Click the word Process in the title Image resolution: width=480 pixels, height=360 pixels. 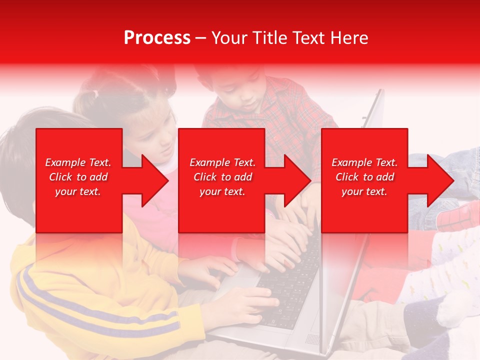tap(157, 38)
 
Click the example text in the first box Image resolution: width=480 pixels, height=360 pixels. tap(78, 177)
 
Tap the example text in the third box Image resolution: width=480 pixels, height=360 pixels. tap(364, 177)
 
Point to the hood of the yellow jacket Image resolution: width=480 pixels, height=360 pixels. tap(30, 260)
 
